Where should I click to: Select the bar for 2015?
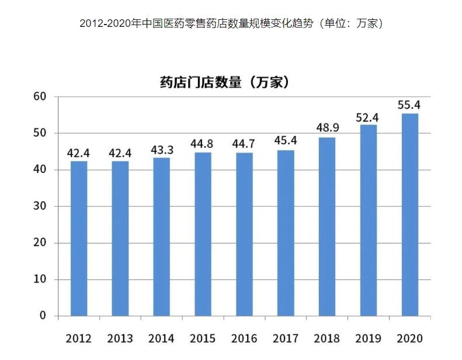point(203,234)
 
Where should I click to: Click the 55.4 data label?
point(409,105)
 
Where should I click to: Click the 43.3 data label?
point(161,150)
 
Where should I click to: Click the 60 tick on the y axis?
point(40,96)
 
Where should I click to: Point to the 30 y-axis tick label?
point(40,206)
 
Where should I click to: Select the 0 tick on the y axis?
point(43,316)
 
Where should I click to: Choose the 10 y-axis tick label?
point(40,279)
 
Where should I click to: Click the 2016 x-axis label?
point(244,339)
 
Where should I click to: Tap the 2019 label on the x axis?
point(368,339)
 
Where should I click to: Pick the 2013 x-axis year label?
point(120,339)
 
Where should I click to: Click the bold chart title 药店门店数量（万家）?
point(225,82)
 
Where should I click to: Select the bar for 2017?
point(286,233)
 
